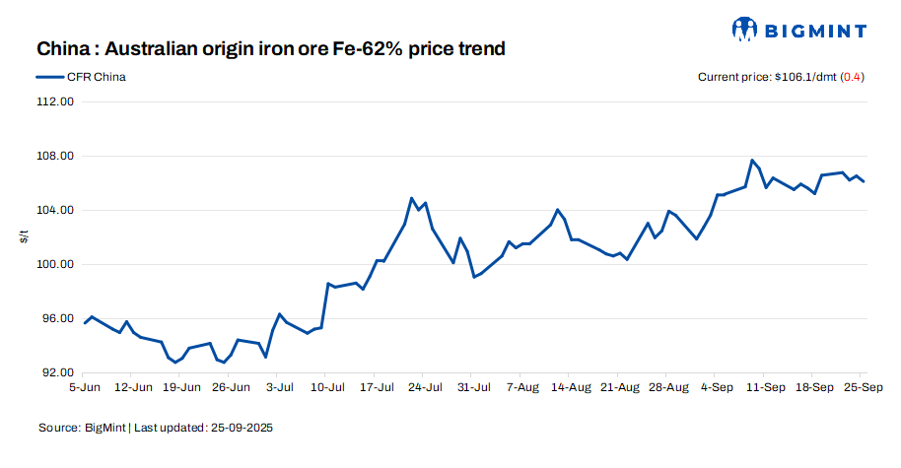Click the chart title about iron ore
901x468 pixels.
point(271,48)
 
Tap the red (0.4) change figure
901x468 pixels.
point(852,77)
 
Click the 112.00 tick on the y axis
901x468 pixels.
point(55,101)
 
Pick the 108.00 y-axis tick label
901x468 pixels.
point(55,157)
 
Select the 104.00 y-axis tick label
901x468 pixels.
point(55,211)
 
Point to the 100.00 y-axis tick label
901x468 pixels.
point(55,265)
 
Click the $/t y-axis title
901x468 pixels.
point(23,237)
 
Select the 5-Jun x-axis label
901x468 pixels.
point(85,388)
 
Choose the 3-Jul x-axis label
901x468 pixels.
point(279,388)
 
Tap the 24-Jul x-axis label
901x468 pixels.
point(423,388)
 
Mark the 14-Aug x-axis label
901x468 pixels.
point(571,388)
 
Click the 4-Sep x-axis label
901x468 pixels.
point(717,388)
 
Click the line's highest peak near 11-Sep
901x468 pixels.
point(752,160)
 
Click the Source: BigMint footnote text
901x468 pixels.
point(156,429)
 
